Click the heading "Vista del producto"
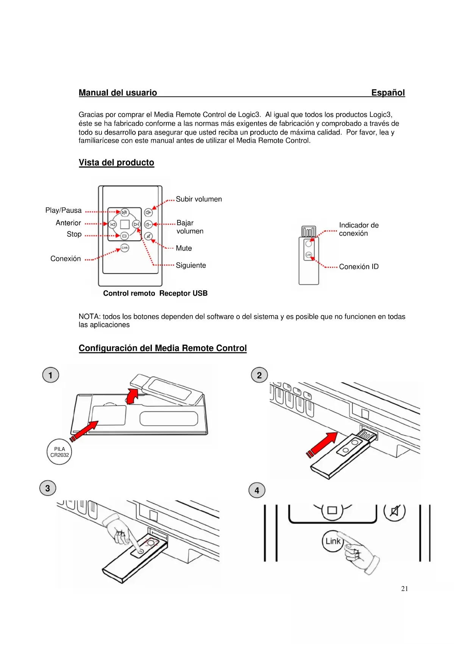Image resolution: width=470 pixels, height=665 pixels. click(x=116, y=163)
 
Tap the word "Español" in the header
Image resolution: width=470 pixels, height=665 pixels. click(x=388, y=93)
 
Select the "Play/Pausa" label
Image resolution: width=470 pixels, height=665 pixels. click(x=63, y=210)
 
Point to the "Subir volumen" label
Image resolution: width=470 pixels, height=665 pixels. click(x=199, y=199)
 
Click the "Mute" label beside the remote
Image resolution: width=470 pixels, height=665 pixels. click(x=184, y=248)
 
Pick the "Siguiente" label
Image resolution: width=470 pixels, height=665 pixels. click(x=191, y=265)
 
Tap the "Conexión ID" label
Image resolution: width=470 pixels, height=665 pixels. click(x=359, y=267)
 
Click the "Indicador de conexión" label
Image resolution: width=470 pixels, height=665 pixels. click(x=358, y=229)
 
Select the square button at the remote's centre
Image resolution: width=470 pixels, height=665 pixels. click(x=125, y=224)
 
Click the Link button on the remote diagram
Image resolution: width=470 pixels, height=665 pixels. click(x=125, y=248)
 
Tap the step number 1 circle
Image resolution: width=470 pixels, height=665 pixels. click(x=50, y=375)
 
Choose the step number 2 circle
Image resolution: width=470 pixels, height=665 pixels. click(x=259, y=375)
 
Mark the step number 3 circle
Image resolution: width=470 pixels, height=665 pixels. click(x=48, y=488)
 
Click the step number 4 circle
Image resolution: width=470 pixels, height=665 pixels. click(x=257, y=491)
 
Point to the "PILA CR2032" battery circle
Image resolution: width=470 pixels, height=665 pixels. click(x=59, y=452)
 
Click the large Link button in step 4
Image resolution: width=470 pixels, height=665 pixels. click(x=333, y=541)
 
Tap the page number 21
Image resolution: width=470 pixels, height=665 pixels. click(x=404, y=589)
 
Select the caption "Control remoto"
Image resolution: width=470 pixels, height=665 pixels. click(x=129, y=293)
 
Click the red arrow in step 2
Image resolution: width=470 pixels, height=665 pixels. click(x=323, y=444)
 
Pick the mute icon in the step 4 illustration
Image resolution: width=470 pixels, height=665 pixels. click(x=394, y=511)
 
